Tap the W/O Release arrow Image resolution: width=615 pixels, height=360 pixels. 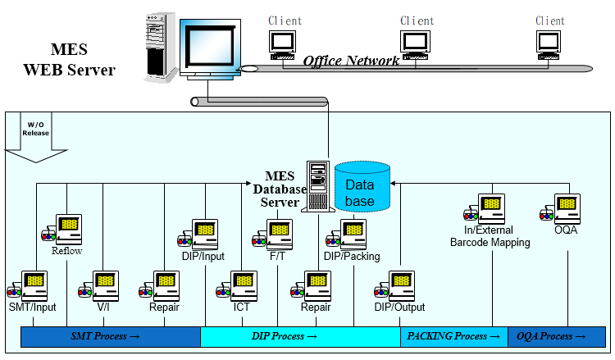[x=35, y=139]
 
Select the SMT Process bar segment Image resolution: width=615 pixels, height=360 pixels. [x=110, y=337]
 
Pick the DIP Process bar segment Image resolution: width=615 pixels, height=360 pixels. [x=300, y=337]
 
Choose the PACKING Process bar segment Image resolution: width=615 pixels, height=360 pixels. [x=453, y=337]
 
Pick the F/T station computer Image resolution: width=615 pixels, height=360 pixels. [x=277, y=231]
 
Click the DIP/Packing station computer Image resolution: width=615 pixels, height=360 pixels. [x=350, y=233]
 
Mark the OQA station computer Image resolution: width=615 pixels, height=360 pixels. [x=565, y=207]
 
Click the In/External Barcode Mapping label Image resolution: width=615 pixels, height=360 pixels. [x=490, y=237]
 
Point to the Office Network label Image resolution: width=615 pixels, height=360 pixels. [x=351, y=61]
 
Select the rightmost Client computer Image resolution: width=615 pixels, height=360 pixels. [x=549, y=43]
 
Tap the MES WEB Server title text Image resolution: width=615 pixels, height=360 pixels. [x=69, y=60]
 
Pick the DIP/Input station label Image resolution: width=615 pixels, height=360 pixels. [x=203, y=257]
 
